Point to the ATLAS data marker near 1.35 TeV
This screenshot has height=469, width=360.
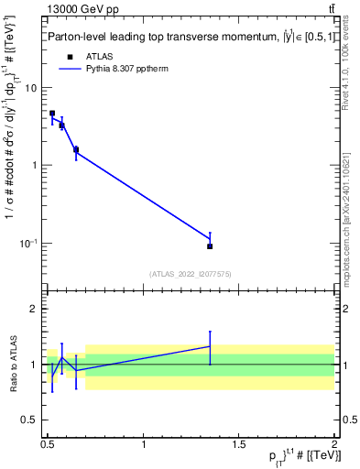210,246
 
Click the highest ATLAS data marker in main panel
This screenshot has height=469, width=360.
52,114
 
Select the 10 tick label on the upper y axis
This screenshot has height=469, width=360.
32,88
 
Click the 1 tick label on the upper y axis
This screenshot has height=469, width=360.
35,166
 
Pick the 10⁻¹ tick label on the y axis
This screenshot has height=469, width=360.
29,244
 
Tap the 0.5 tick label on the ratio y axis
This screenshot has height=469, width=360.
30,420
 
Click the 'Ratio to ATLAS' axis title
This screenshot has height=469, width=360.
12,364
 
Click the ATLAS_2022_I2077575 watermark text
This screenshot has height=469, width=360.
191,274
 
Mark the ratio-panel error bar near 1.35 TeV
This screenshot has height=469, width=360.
210,347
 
